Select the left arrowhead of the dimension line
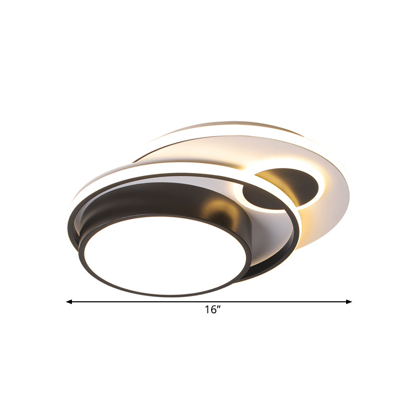coord(68,301)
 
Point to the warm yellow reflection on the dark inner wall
coord(222,211)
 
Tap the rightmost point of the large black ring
coord(299,229)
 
